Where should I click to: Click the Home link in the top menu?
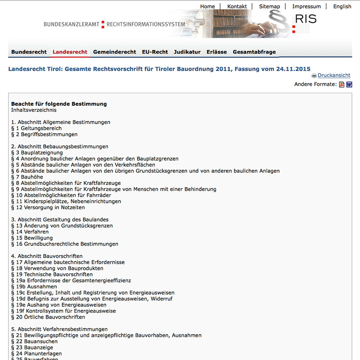pos(207,6)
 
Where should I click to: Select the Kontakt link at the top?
pos(237,6)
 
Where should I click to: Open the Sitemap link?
pos(270,6)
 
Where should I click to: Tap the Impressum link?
pos(306,6)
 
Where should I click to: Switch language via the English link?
pos(342,6)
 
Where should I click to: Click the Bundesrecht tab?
pos(29,52)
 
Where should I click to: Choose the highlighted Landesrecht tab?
pos(70,52)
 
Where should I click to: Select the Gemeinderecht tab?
pos(114,52)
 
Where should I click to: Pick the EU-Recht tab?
pos(155,52)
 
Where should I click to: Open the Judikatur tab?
pos(187,52)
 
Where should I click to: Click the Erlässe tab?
pos(216,52)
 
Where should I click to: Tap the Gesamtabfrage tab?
pos(254,52)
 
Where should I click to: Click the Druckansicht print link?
pos(334,76)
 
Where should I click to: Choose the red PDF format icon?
pos(342,85)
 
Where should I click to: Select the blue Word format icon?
pos(349,85)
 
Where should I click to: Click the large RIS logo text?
pos(306,19)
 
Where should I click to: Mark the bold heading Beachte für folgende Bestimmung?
pos(59,104)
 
